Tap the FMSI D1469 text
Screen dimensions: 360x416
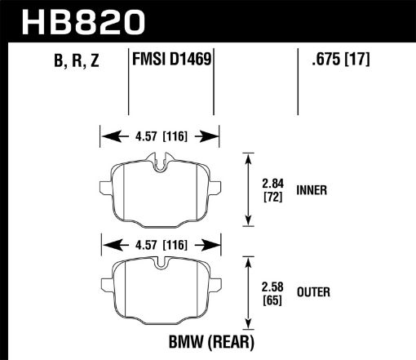coord(170,59)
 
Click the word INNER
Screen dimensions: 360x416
coord(312,190)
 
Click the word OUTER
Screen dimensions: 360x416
coord(314,290)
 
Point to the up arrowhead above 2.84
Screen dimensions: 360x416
coord(248,157)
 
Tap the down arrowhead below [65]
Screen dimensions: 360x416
coord(248,327)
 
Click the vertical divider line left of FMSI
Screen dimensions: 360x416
coord(131,82)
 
